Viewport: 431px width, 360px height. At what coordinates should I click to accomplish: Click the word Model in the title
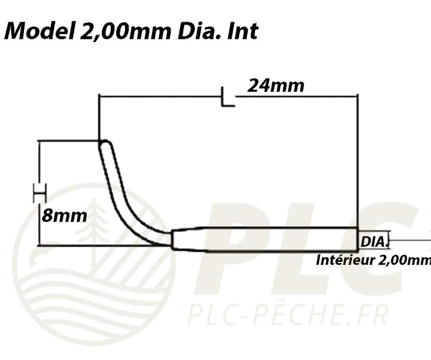coord(40,31)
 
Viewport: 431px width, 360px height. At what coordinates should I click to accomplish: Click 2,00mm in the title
coord(126,31)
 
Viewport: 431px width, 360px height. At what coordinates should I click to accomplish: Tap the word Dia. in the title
coord(199,31)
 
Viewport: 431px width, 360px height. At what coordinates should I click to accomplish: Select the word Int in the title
coord(242,31)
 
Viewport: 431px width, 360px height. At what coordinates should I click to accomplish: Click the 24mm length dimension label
coord(276,86)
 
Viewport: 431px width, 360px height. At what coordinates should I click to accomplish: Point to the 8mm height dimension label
coord(64,216)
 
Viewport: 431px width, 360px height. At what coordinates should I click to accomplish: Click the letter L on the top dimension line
coord(228,96)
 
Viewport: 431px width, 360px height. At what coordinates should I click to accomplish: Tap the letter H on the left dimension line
coord(40,193)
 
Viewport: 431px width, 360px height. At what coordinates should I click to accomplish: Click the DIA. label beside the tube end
coord(374,242)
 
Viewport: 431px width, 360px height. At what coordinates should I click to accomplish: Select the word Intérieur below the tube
coord(345,260)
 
